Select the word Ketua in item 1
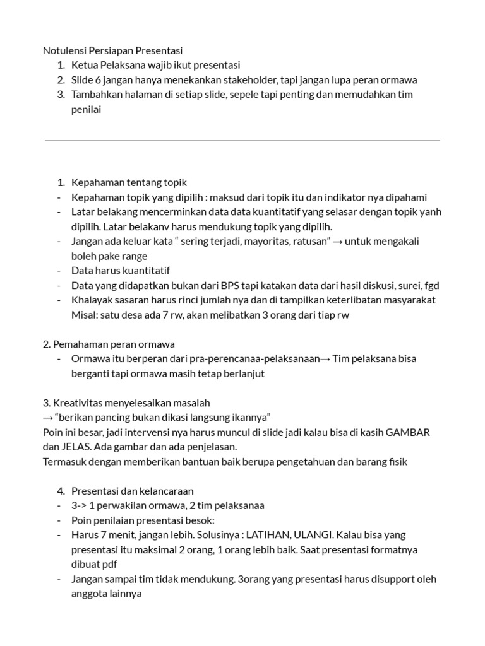pyautogui.click(x=84, y=65)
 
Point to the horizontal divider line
pyautogui.click(x=242, y=140)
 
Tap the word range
pyautogui.click(x=134, y=256)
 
